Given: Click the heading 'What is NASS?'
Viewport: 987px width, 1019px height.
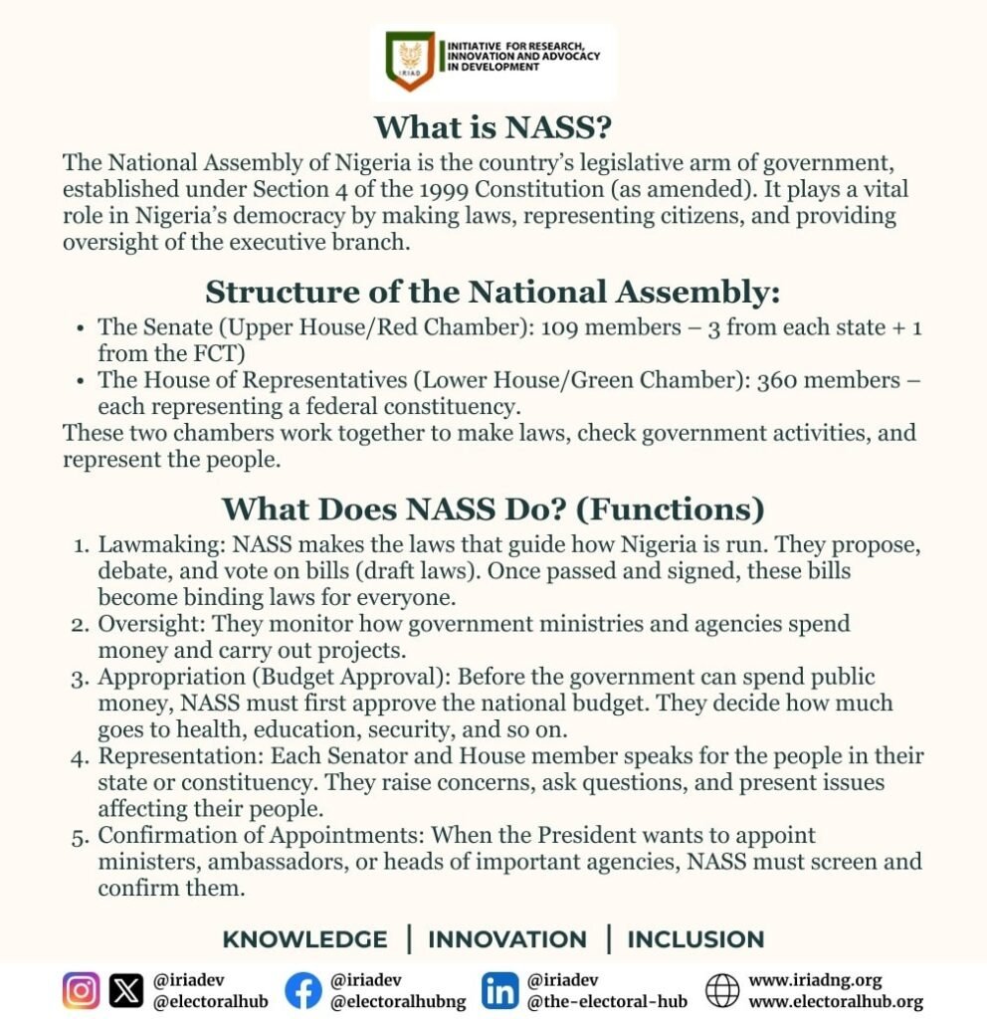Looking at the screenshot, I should (x=493, y=128).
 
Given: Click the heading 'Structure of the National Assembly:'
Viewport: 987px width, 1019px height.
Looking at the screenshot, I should (x=493, y=293).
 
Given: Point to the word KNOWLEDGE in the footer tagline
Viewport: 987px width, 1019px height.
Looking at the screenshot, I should (x=304, y=939).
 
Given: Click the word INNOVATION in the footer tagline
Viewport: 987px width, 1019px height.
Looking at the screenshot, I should (x=507, y=939).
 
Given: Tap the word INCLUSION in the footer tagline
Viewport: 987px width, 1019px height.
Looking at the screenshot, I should (x=695, y=939).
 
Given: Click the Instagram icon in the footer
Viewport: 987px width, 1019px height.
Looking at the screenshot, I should (x=82, y=991).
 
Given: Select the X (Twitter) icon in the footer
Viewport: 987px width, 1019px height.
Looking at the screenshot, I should (x=126, y=991).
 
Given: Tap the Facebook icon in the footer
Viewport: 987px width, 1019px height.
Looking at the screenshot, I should (x=303, y=991).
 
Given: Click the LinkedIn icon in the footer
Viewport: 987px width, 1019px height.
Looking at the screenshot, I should (x=499, y=991).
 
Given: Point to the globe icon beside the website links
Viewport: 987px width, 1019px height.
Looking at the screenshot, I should (x=722, y=991).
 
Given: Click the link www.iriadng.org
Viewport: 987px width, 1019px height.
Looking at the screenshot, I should (x=815, y=980).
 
